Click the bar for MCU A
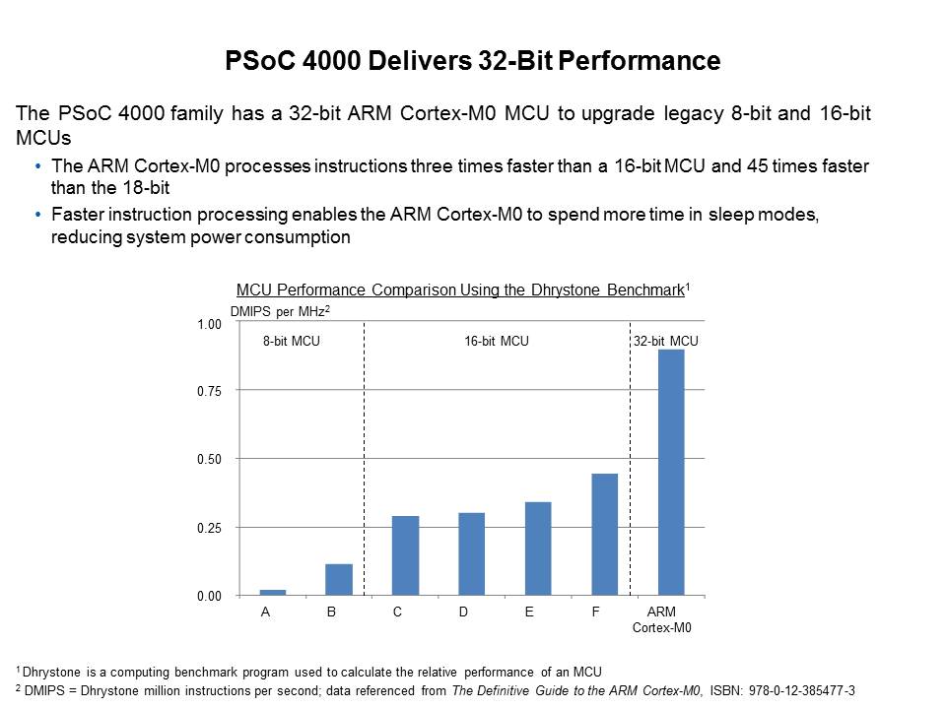(x=273, y=592)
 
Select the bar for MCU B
(x=339, y=580)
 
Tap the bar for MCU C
(x=405, y=555)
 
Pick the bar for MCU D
(x=472, y=554)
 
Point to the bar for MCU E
(x=538, y=548)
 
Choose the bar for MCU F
(x=604, y=535)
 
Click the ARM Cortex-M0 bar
(x=671, y=473)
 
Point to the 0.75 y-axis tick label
(x=209, y=392)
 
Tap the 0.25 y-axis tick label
(x=209, y=529)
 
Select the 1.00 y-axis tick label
(x=209, y=325)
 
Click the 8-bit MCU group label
(x=292, y=342)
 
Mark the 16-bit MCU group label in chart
(x=497, y=342)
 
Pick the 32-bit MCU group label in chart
(x=666, y=342)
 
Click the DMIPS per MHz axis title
(x=279, y=311)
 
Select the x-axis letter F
(x=596, y=612)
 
